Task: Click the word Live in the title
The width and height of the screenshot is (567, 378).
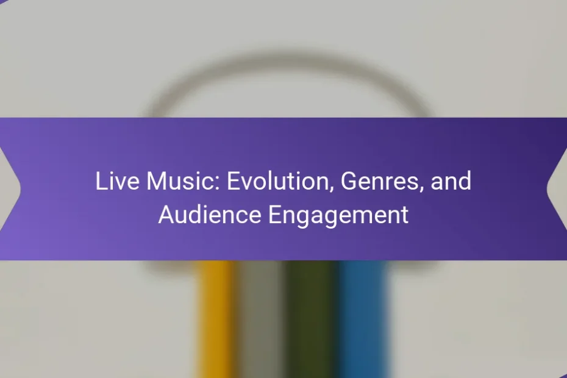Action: (117, 181)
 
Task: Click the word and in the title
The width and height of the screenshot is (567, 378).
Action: (451, 181)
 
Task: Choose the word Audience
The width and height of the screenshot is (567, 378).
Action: (210, 214)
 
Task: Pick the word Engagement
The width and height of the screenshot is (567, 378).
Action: (338, 215)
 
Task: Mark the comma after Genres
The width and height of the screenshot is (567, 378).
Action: (421, 189)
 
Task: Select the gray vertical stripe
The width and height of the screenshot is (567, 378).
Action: (260, 319)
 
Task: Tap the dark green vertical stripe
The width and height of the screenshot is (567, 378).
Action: (311, 319)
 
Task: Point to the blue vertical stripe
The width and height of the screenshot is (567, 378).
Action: (363, 319)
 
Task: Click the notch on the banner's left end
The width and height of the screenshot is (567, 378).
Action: (20, 188)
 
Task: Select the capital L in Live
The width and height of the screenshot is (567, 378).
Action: (101, 181)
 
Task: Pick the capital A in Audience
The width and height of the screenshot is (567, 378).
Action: (166, 214)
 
